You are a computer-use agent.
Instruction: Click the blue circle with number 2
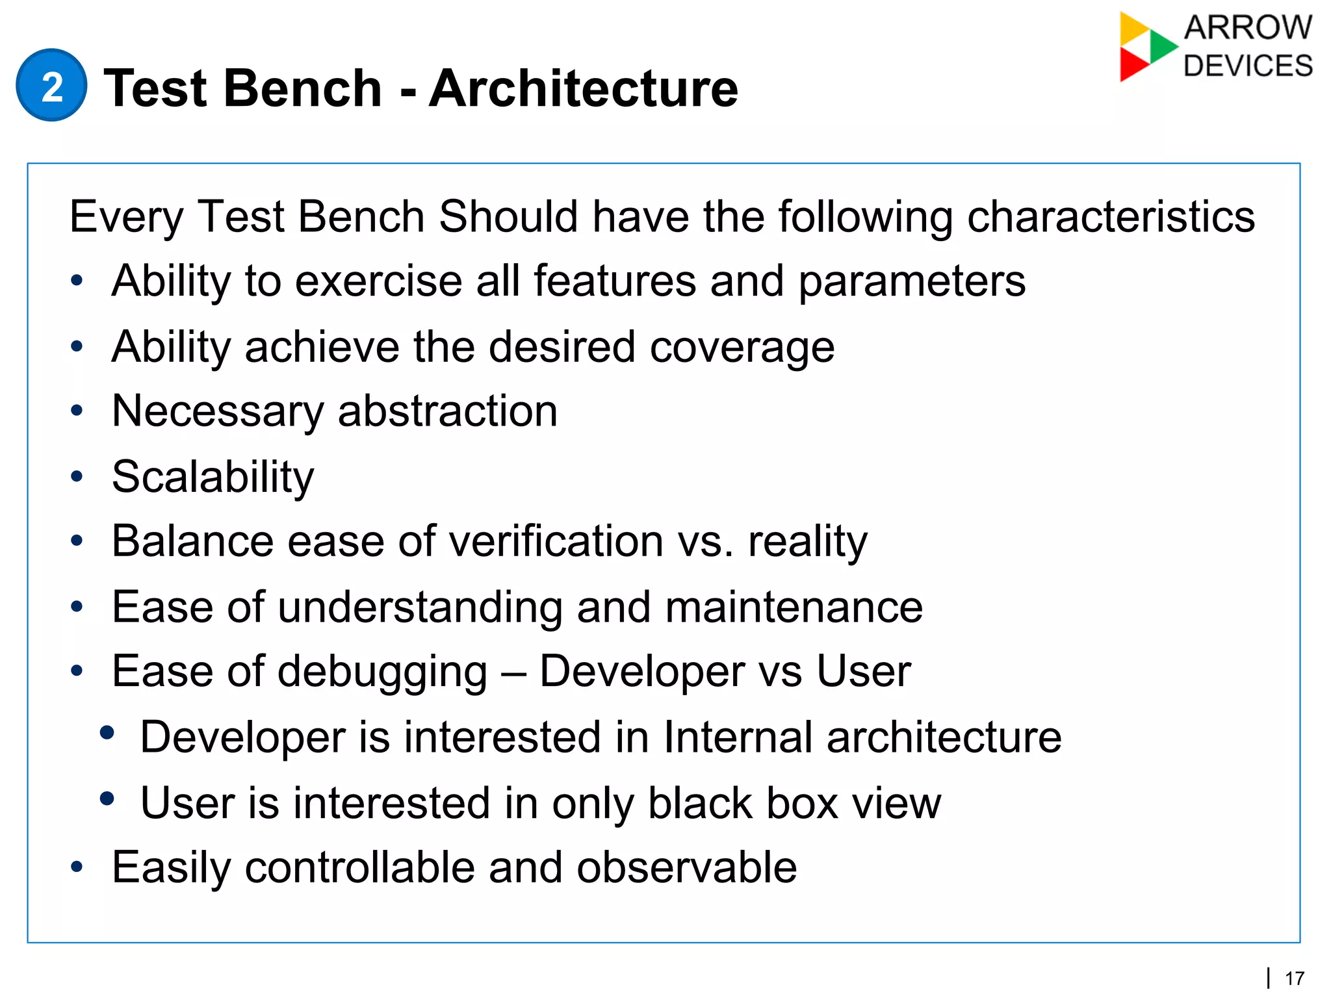click(51, 85)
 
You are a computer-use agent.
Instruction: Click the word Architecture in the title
click(583, 88)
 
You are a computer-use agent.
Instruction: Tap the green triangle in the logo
click(1161, 45)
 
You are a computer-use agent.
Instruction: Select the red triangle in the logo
click(1132, 65)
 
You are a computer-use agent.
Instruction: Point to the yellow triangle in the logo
click(1133, 27)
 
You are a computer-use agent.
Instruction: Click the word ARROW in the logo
click(1248, 28)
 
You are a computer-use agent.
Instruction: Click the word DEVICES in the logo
click(1248, 66)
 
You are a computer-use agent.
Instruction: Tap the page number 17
click(1295, 979)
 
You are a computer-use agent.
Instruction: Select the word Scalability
click(213, 477)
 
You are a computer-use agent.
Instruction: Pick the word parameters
click(911, 281)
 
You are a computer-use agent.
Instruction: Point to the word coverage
click(742, 347)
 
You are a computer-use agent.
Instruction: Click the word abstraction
click(447, 411)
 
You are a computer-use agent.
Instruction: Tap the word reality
click(807, 541)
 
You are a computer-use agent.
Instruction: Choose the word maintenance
click(794, 607)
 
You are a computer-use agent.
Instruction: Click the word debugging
click(382, 672)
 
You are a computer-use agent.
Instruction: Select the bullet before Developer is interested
click(107, 733)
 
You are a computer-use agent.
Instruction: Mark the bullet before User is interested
click(107, 798)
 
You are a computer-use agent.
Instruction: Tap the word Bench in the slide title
click(303, 88)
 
